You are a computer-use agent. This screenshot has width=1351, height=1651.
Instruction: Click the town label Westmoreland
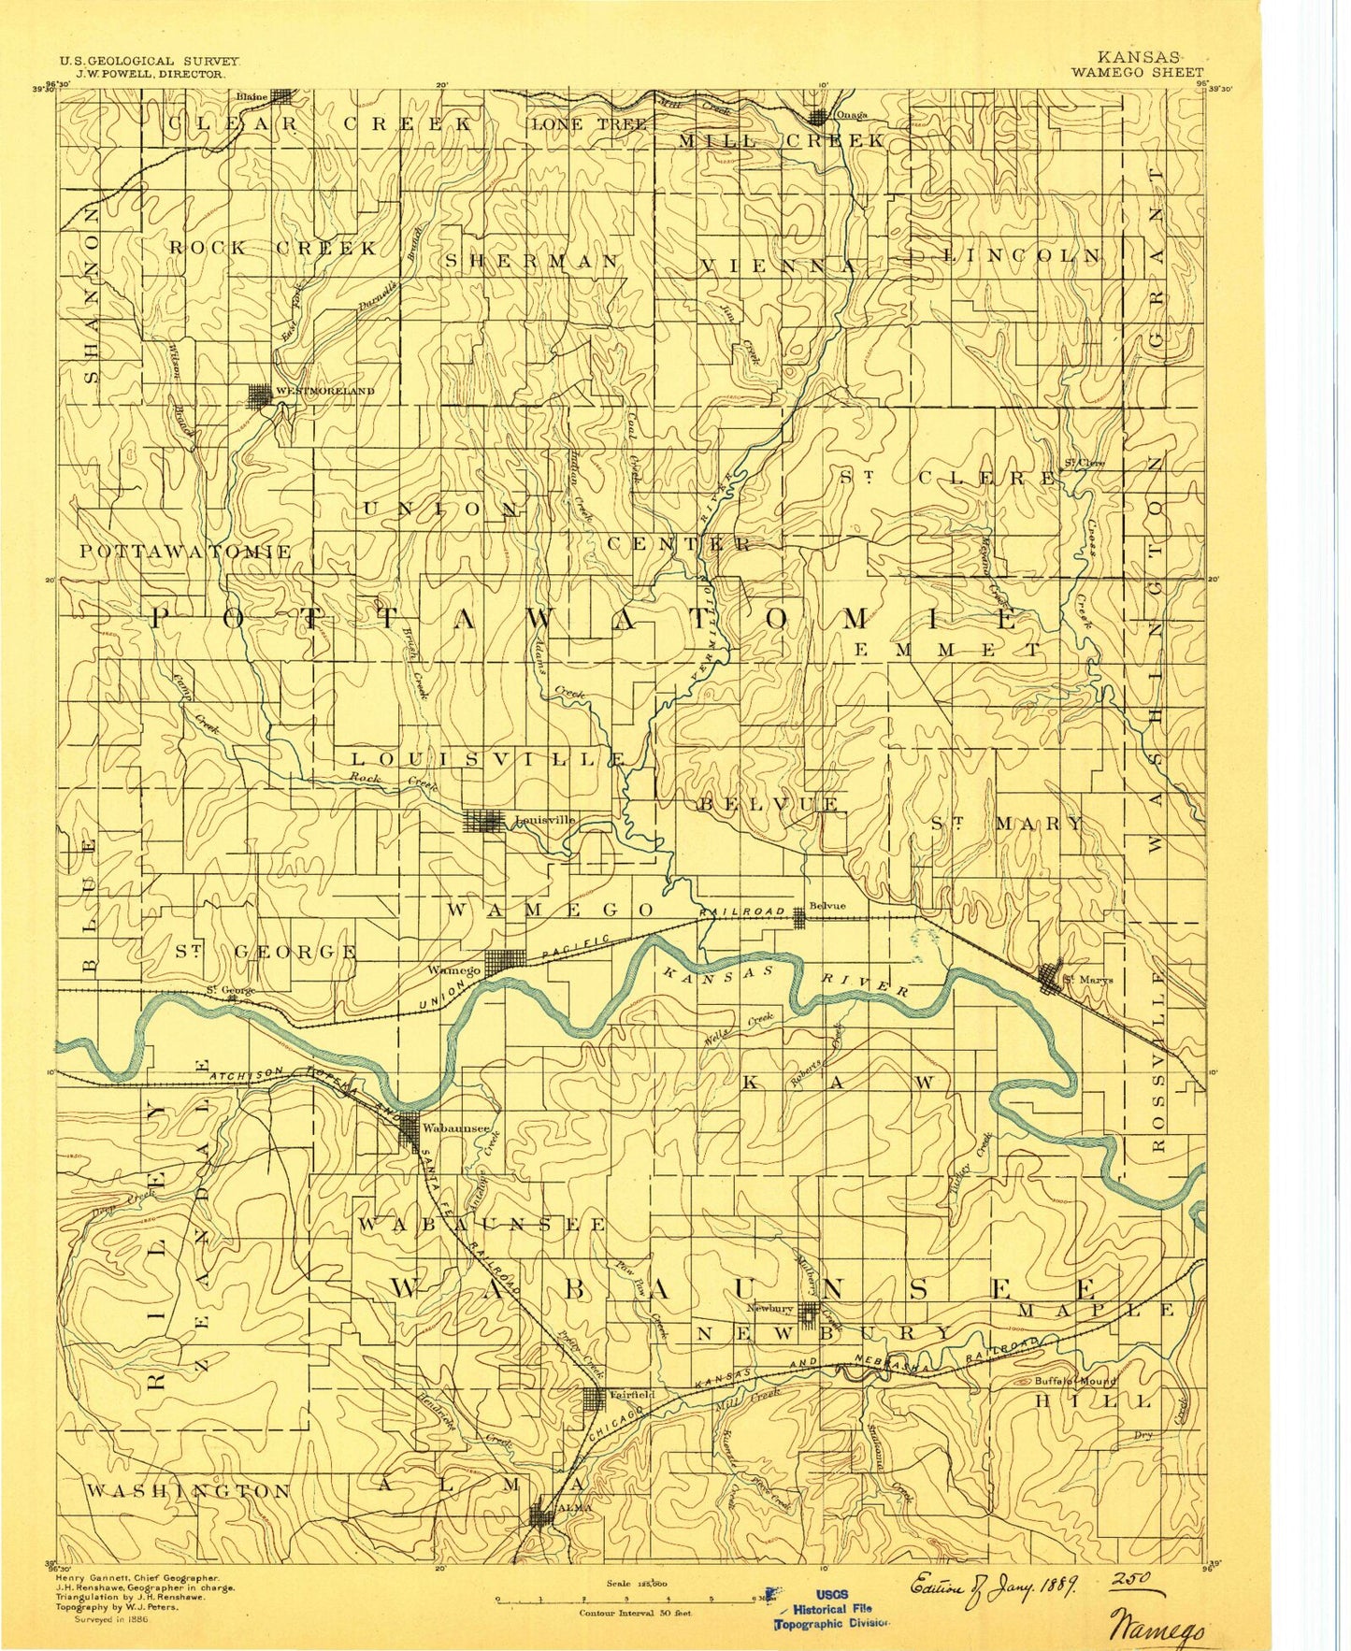[x=323, y=391]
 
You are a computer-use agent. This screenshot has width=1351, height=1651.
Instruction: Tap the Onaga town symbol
[x=818, y=117]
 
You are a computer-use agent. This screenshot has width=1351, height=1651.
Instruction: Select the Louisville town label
[x=545, y=820]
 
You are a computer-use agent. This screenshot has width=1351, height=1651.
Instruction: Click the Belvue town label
[x=826, y=906]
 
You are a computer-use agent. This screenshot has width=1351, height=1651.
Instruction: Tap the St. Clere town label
[x=1084, y=463]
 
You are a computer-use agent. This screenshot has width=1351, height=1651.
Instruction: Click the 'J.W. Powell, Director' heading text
[x=149, y=73]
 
